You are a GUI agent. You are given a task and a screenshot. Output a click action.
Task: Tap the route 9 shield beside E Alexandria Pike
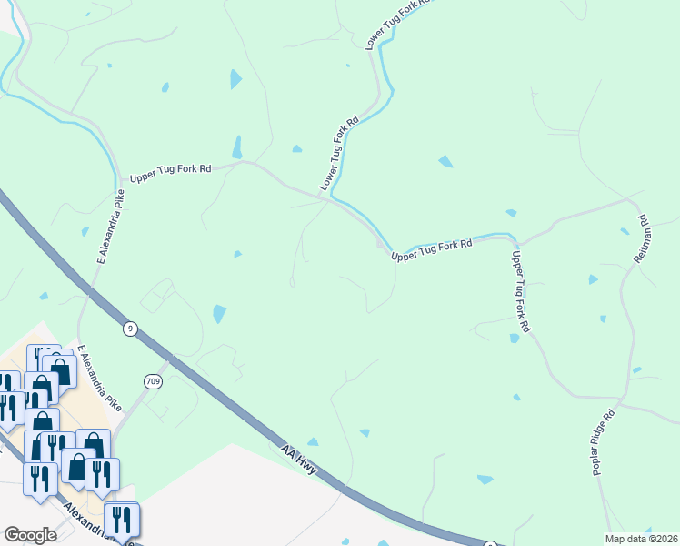coord(131,329)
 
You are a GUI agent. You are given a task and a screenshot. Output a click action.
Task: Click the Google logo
coord(30,535)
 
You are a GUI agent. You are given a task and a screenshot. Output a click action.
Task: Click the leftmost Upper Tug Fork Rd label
coord(170,171)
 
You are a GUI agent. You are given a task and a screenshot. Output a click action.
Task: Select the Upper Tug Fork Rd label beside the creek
coord(432,250)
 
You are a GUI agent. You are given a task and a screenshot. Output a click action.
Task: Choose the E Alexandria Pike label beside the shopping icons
coord(99,377)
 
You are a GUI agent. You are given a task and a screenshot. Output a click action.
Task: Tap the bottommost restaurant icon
coord(121,520)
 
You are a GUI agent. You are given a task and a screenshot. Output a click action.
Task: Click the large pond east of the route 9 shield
coord(219,314)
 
